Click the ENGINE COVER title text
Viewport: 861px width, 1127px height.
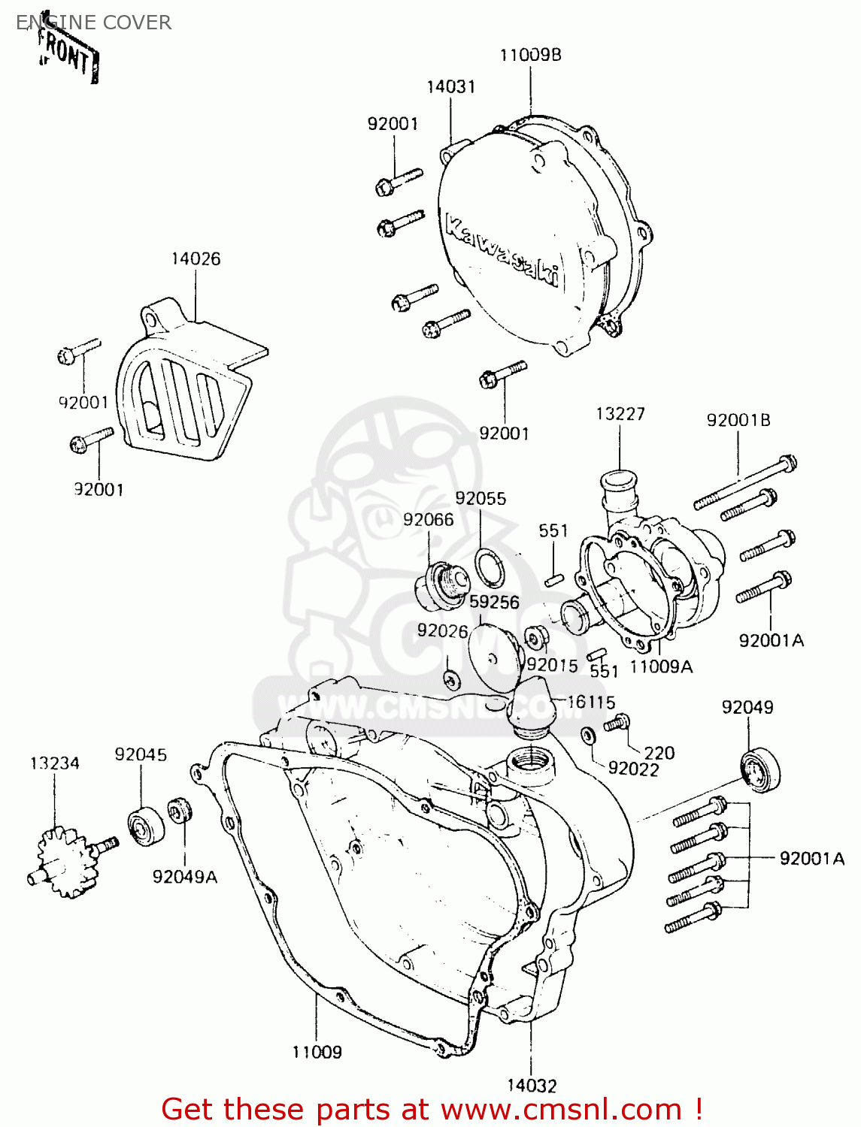[94, 23]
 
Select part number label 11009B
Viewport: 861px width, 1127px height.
[530, 55]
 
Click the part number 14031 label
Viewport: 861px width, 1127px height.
[450, 86]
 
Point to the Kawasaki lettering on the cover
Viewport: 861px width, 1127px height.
[503, 251]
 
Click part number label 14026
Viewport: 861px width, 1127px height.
[196, 258]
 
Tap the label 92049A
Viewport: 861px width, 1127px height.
[184, 877]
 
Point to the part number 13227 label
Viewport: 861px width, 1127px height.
[620, 414]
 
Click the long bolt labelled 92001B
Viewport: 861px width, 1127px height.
[744, 481]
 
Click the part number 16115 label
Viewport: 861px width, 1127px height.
[591, 702]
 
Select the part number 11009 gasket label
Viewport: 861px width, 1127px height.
[317, 1052]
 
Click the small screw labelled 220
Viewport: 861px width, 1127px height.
[617, 723]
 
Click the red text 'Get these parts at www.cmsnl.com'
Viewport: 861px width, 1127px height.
[432, 1109]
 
